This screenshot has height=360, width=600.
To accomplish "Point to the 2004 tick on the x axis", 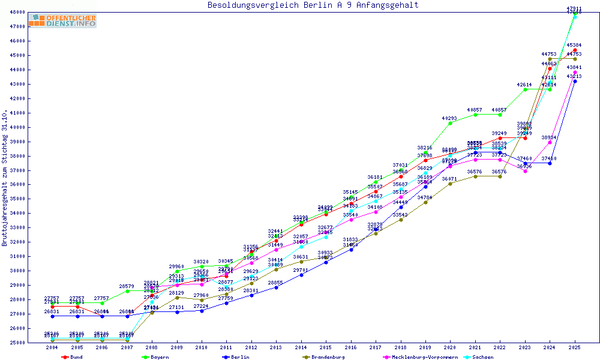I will pyautogui.click(x=52, y=347).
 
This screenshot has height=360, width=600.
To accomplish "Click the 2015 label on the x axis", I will pyautogui.click(x=326, y=347).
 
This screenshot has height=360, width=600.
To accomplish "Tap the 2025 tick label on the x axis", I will pyautogui.click(x=575, y=347).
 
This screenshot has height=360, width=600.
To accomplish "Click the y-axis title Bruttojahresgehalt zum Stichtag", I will pyautogui.click(x=5, y=178).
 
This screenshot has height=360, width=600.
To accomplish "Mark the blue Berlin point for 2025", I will pyautogui.click(x=575, y=81).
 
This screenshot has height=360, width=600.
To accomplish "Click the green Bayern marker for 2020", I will pyautogui.click(x=451, y=123).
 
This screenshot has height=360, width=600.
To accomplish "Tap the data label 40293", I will pyautogui.click(x=450, y=118).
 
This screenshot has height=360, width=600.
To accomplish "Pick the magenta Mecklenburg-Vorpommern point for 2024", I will pyautogui.click(x=550, y=142).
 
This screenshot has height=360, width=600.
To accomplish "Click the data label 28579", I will pyautogui.click(x=127, y=286).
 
